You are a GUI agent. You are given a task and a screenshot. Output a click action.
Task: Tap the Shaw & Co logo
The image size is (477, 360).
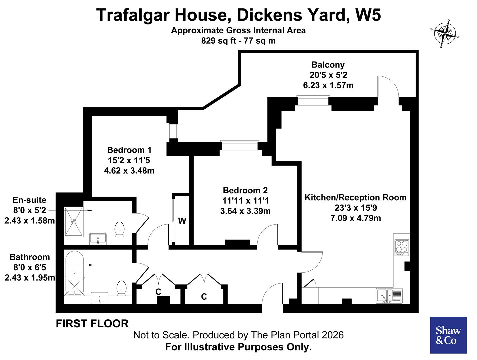448,335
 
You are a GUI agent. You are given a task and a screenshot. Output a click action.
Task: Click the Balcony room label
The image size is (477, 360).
328,65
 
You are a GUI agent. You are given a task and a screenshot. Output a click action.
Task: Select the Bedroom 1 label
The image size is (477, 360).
129,150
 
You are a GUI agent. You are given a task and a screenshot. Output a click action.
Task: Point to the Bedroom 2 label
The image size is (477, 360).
245,190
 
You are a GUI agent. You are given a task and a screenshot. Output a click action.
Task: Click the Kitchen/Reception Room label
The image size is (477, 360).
355,197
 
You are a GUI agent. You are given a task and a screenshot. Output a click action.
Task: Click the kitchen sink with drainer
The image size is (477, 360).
389,296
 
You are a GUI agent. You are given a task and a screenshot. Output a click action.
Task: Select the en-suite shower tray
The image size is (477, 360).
74,221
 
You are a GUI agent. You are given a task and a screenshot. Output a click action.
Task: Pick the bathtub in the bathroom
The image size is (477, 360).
74,273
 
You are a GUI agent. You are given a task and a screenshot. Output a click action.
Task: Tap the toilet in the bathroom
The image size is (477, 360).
122,288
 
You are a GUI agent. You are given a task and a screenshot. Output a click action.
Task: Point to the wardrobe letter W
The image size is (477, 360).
182,221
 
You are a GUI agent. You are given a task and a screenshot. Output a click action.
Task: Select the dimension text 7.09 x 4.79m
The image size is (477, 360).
355,218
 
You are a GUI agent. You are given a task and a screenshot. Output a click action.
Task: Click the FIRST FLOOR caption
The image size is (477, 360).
92,324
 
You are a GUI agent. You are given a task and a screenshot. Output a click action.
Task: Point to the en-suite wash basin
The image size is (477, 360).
98,239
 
